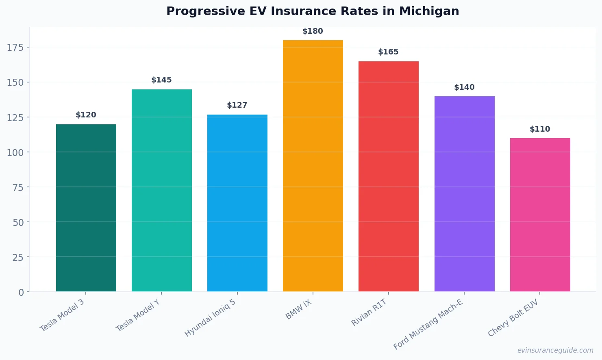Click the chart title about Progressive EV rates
pos(313,11)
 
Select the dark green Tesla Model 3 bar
pos(86,208)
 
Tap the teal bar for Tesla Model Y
pos(162,191)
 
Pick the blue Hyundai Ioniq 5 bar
pos(237,203)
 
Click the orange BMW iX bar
pos(313,166)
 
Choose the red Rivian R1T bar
pos(389,176)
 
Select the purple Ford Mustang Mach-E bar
pos(464,194)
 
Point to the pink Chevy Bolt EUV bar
pos(540,215)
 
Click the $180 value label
pos(313,31)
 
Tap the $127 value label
pos(237,105)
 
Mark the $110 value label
pos(540,129)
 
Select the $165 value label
pos(388,52)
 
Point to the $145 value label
pos(161,80)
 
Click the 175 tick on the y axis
pos(15,48)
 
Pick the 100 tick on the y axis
pos(15,152)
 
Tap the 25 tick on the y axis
pos(18,257)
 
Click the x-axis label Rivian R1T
pos(369,312)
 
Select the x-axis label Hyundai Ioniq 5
pos(210,318)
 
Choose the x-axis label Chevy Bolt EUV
pos(513,318)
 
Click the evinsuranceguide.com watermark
pos(555,350)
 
